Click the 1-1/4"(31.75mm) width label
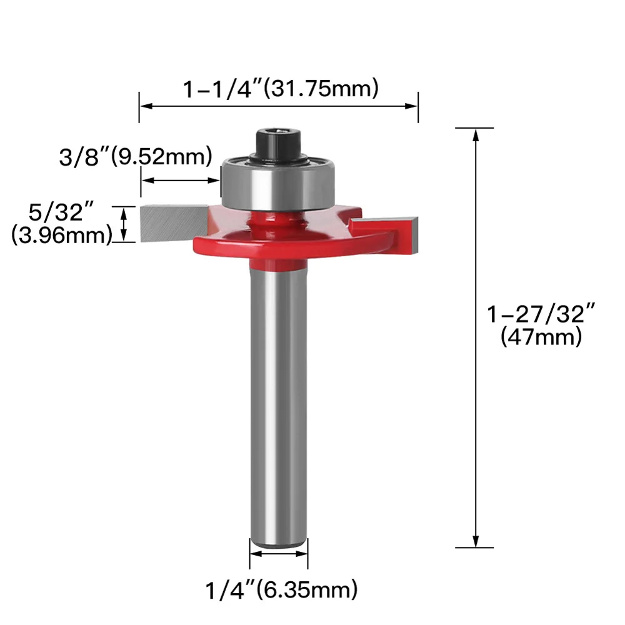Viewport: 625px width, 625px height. tap(281, 89)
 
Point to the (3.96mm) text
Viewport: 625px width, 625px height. tap(61, 235)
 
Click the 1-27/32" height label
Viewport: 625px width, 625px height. tap(541, 314)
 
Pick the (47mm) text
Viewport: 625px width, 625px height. tap(541, 338)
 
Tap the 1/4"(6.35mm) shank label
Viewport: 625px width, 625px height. tap(281, 588)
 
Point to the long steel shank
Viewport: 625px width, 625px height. tap(279, 400)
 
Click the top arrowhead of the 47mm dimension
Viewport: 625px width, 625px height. tap(476, 134)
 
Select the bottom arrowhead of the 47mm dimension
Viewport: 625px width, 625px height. tap(476, 542)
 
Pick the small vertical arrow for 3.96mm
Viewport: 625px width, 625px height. tap(124, 224)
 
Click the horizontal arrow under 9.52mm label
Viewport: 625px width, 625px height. tap(181, 181)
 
